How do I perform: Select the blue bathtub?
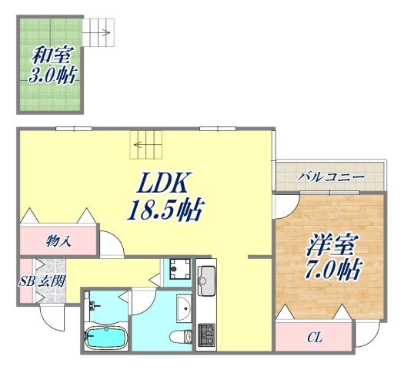pos(106,336)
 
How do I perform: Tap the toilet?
pos(180,336)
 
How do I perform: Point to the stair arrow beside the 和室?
pos(103,34)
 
